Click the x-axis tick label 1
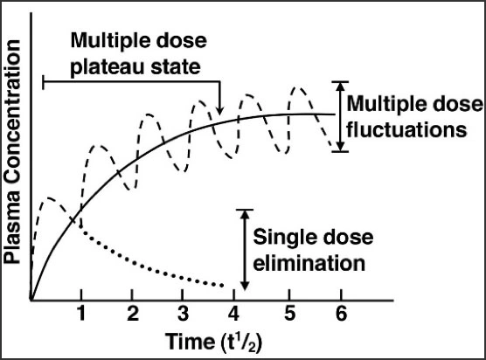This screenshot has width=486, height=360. click(81, 313)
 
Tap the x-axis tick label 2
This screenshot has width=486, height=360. click(131, 313)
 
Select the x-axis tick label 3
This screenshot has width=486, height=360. click(182, 313)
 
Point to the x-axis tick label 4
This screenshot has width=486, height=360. click(232, 313)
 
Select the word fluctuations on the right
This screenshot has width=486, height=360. click(403, 129)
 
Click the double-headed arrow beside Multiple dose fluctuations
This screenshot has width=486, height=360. click(339, 116)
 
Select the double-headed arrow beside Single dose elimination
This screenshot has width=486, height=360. click(245, 249)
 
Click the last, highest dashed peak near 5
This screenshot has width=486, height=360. click(299, 88)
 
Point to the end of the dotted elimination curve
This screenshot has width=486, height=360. click(226, 285)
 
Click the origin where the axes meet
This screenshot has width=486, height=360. click(31, 298)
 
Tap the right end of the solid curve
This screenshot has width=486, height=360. click(335, 114)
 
